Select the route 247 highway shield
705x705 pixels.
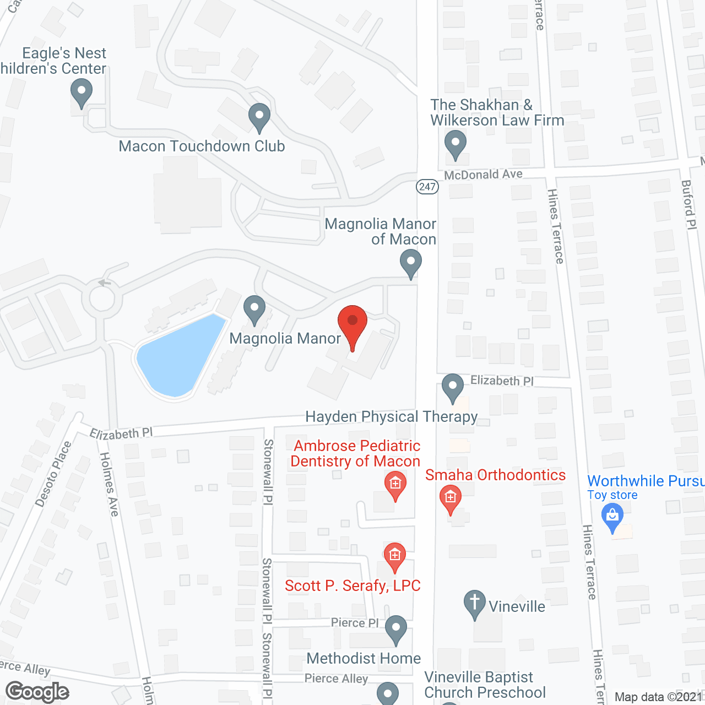click(427, 186)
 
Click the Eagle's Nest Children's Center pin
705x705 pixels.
click(82, 93)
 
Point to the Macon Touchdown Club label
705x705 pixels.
click(202, 146)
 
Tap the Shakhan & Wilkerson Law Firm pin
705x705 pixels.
click(455, 144)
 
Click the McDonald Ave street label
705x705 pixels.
click(483, 175)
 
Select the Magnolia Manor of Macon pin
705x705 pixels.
click(410, 263)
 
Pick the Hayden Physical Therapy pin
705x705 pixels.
click(453, 387)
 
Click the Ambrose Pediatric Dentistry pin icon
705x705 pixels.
click(395, 485)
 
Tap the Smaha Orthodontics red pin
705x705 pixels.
click(451, 498)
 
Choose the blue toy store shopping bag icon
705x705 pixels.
click(612, 518)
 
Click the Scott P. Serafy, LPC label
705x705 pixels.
click(352, 585)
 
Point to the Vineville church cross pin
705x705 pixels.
click(474, 604)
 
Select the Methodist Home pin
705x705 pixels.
click(395, 629)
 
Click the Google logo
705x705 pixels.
click(37, 692)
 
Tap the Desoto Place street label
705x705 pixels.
click(53, 474)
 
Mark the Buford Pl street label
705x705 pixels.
click(688, 204)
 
